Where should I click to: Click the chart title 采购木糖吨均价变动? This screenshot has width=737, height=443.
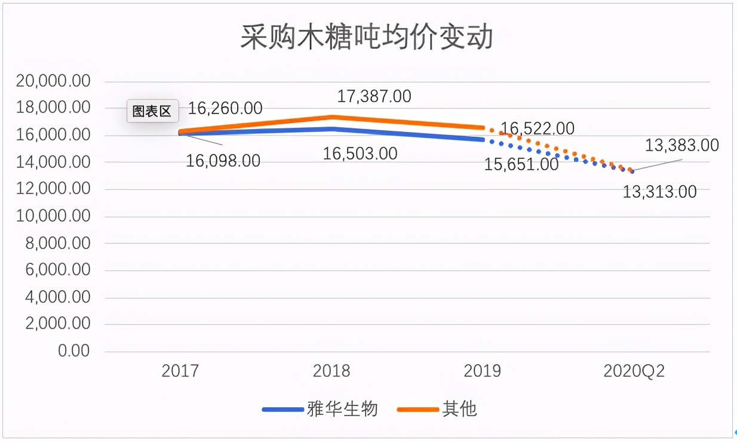[x=367, y=37]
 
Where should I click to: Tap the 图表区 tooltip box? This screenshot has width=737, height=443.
[x=152, y=112]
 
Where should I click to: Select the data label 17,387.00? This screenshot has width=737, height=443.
[x=374, y=96]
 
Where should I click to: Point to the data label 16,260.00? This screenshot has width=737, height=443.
[x=225, y=108]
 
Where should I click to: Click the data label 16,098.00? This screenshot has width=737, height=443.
[x=223, y=161]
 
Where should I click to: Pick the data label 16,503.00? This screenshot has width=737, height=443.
[x=360, y=153]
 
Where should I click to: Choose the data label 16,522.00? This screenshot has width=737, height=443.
[x=537, y=128]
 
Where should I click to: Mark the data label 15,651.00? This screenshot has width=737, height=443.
[x=521, y=164]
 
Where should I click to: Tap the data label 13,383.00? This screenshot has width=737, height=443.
[x=681, y=145]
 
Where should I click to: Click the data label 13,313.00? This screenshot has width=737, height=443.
[x=659, y=192]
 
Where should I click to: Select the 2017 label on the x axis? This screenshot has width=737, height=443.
[x=180, y=371]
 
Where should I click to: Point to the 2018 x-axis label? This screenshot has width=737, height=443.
[x=331, y=371]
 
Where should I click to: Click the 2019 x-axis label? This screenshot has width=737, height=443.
[x=483, y=371]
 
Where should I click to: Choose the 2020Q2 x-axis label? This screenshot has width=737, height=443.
[x=634, y=371]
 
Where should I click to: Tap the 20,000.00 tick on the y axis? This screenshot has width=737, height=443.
[x=53, y=81]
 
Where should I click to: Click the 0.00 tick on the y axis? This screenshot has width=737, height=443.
[x=73, y=351]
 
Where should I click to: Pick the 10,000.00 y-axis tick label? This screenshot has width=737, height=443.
[x=53, y=216]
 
